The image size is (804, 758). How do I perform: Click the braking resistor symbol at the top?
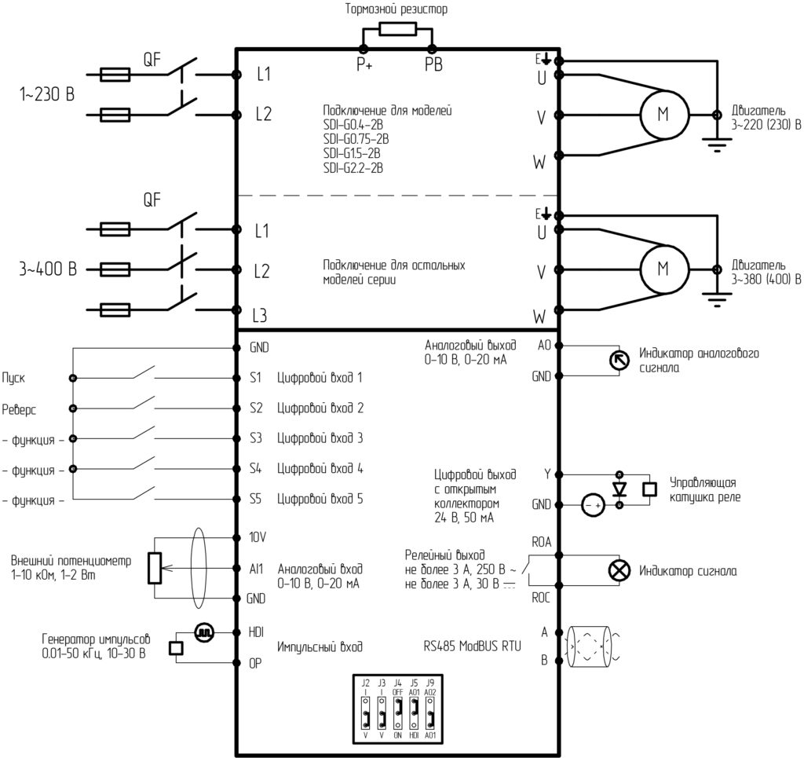(x=397, y=29)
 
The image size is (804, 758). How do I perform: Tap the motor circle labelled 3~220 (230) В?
(x=664, y=115)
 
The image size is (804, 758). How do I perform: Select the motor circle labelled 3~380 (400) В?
(x=664, y=269)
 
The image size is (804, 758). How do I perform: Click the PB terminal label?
(x=433, y=64)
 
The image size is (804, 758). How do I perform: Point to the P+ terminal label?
(x=364, y=64)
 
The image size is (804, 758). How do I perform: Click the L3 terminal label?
(x=260, y=315)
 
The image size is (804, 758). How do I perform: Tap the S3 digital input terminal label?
(x=256, y=438)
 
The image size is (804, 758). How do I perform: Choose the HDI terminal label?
(x=256, y=632)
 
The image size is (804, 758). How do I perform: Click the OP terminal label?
(x=255, y=663)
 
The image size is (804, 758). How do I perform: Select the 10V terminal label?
(x=258, y=537)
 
